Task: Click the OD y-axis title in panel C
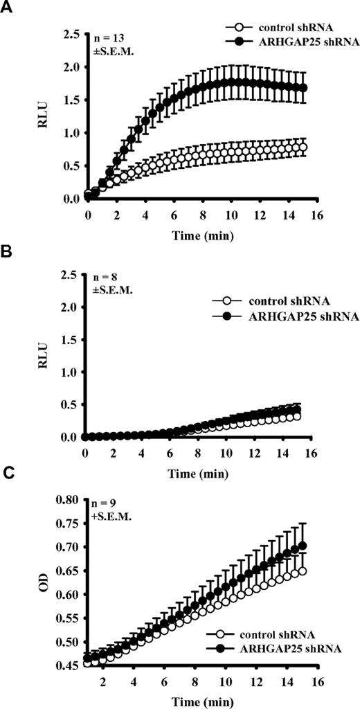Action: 42,594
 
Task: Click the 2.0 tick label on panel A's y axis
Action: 68,67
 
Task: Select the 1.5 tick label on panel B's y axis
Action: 68,339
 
